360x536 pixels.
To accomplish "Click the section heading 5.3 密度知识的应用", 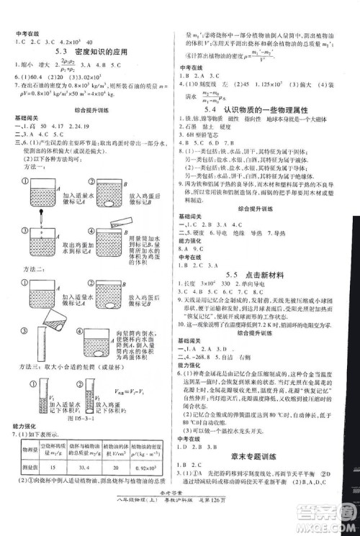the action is coord(87,52).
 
